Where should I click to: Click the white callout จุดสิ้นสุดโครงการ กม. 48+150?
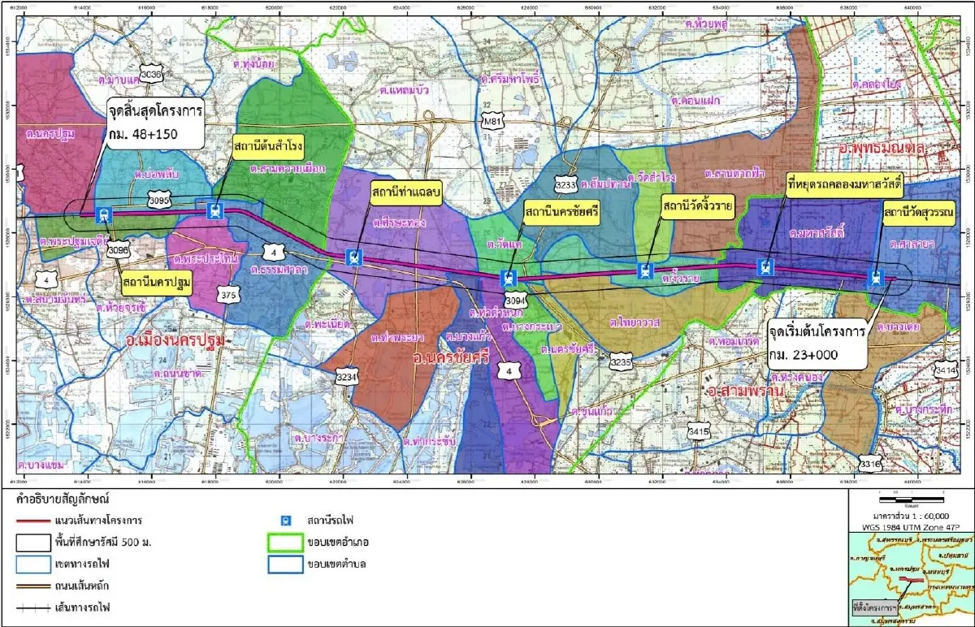[154, 123]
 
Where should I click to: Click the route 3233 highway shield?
[566, 185]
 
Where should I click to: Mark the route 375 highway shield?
[228, 296]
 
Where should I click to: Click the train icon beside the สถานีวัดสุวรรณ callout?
[875, 277]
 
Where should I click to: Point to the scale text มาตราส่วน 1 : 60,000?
[910, 515]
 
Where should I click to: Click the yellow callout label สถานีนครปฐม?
[157, 282]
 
